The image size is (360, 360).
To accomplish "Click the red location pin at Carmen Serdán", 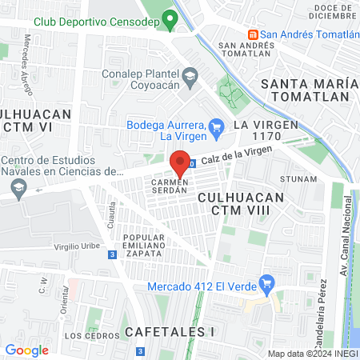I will pyautogui.click(x=181, y=160).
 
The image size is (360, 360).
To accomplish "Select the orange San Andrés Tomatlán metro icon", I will pyautogui.click(x=253, y=34).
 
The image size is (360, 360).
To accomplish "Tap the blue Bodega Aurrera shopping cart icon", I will pyautogui.click(x=215, y=126).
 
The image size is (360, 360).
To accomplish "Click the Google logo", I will pyautogui.click(x=26, y=350).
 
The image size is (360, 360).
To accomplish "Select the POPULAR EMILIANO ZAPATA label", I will pyautogui.click(x=138, y=246).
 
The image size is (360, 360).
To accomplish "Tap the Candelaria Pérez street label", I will pyautogui.click(x=325, y=305).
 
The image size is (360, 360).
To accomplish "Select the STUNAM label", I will pyautogui.click(x=300, y=179).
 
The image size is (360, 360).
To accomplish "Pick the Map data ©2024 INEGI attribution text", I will pyautogui.click(x=312, y=354).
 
